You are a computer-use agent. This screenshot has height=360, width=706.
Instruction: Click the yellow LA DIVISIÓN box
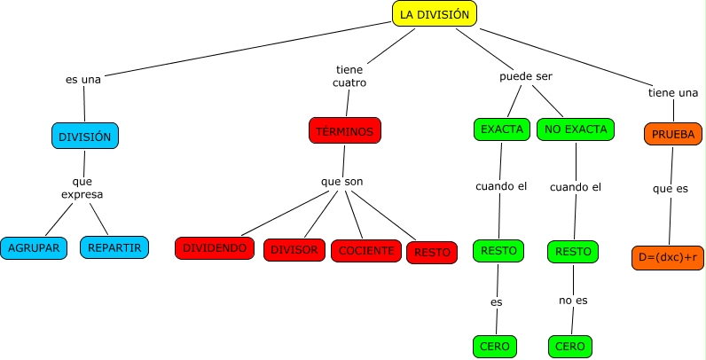[x=435, y=14]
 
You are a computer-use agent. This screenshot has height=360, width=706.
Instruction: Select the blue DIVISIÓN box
[x=84, y=137]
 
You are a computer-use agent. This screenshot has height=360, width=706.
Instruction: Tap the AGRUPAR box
[x=35, y=247]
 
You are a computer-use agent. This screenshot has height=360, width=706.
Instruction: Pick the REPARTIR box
[x=114, y=247]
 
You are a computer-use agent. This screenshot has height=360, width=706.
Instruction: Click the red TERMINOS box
[x=344, y=130]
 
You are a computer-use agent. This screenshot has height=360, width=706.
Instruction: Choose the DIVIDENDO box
[x=215, y=249]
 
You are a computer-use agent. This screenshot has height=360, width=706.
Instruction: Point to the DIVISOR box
[x=294, y=250]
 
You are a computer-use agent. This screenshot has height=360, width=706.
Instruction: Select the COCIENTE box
[x=366, y=251]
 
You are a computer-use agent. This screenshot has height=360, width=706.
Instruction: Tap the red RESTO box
[x=432, y=252]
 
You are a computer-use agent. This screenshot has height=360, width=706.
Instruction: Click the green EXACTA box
[x=502, y=129]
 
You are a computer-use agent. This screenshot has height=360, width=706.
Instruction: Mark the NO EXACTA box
[x=576, y=129]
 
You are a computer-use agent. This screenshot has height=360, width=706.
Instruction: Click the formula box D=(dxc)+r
[x=668, y=256]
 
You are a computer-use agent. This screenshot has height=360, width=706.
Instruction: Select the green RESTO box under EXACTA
[x=498, y=251]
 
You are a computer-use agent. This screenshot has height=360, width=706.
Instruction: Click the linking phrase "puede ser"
[x=526, y=76]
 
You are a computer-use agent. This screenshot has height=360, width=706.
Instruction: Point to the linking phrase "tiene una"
[x=673, y=92]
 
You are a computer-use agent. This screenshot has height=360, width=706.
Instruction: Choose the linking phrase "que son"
[x=341, y=182]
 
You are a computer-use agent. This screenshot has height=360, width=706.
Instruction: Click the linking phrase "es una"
[x=83, y=79]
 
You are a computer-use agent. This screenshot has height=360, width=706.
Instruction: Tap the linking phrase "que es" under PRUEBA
[x=670, y=189]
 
